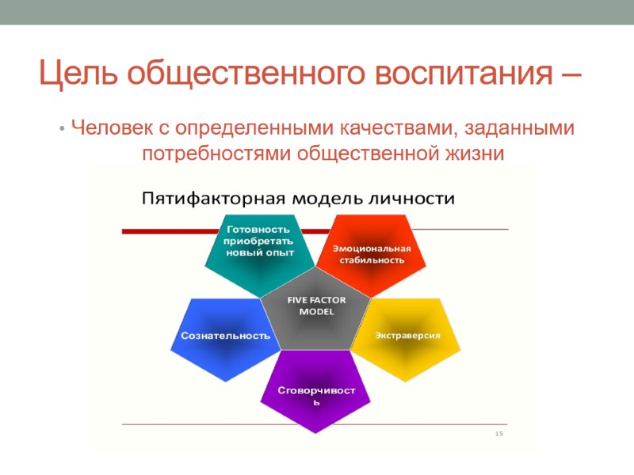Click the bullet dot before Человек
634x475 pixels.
tap(62, 128)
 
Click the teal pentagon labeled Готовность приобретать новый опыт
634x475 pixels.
tap(259, 245)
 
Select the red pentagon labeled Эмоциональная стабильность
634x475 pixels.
tap(372, 252)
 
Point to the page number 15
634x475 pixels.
tap(499, 434)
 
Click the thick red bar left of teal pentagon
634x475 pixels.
tap(162, 231)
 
